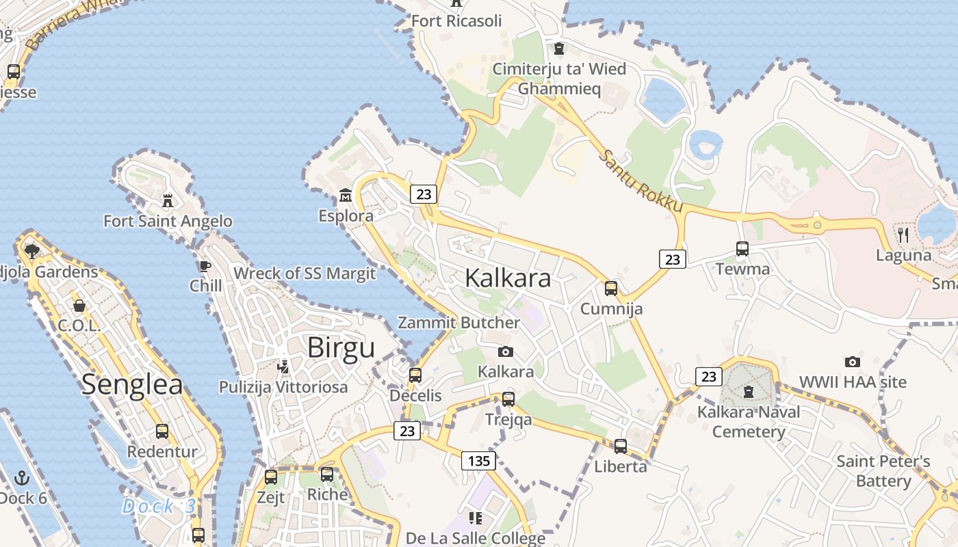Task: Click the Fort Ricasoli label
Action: point(456,21)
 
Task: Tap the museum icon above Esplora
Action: point(346,196)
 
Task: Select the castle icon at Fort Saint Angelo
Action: point(167,200)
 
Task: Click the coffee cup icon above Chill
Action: point(204,265)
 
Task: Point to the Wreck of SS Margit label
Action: point(305,273)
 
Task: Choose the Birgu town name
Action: point(341,347)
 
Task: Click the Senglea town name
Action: point(132,384)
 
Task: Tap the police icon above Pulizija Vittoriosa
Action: point(283,366)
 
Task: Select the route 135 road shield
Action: point(478,460)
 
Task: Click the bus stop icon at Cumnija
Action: point(611,288)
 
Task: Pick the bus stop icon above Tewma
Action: point(742,248)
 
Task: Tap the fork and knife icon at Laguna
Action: point(903,235)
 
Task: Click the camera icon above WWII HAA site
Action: point(853,362)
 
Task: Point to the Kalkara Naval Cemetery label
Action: point(749,422)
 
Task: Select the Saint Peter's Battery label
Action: point(883,471)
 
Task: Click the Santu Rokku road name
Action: point(640,180)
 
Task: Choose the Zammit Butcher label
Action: point(459,323)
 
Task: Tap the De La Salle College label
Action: point(476,538)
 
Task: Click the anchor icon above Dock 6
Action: point(23,478)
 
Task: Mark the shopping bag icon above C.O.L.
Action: point(79,305)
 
